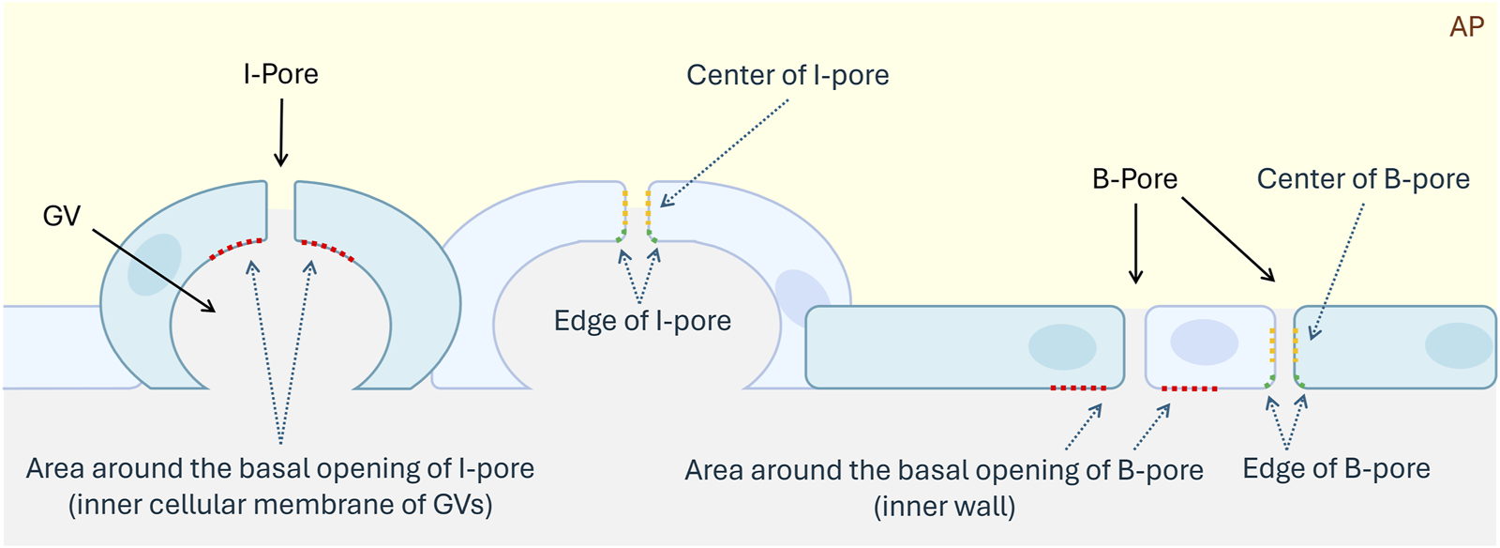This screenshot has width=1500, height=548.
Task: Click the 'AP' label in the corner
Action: click(1466, 27)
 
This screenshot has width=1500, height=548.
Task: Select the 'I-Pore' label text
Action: click(280, 74)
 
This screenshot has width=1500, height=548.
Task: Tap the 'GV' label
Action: click(62, 216)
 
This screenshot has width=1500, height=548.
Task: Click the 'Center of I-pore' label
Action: click(787, 75)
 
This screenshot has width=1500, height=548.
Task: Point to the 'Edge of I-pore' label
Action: click(642, 321)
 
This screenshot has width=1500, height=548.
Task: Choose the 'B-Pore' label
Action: click(1134, 179)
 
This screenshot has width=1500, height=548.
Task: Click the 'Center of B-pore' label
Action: click(1363, 179)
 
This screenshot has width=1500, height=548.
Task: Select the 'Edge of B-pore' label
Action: click(1336, 468)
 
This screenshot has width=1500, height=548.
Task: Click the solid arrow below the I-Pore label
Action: click(281, 131)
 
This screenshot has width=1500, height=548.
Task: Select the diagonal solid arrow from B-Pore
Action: click(1227, 238)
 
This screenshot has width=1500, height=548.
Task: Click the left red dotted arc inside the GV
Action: click(235, 248)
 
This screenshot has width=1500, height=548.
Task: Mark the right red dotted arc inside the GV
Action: click(327, 250)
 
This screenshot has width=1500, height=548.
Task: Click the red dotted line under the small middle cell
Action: click(1190, 388)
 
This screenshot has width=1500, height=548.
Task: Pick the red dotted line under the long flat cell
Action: click(1078, 388)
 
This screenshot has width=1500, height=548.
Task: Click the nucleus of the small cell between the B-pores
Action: click(1205, 342)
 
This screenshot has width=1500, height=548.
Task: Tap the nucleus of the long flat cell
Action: click(1062, 346)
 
